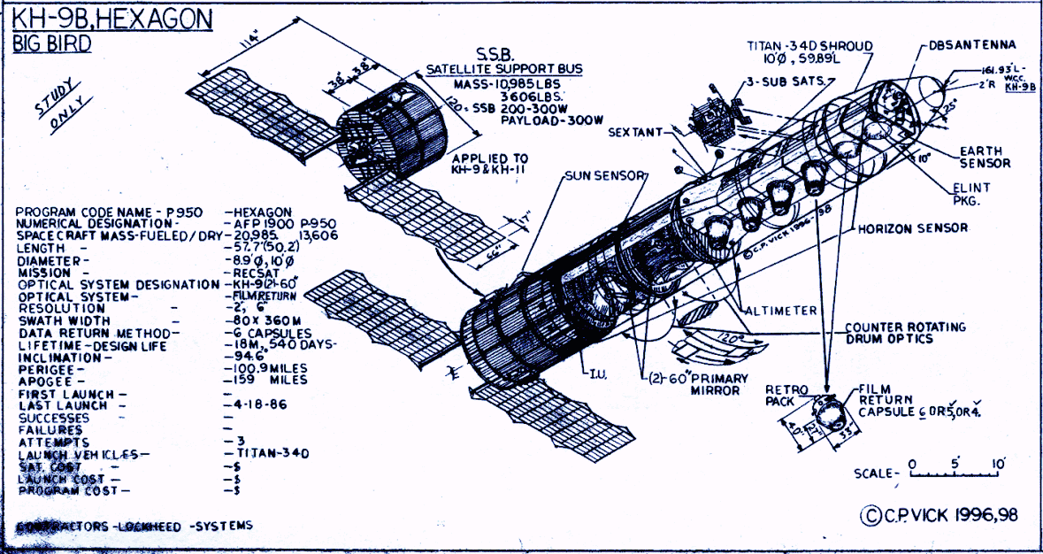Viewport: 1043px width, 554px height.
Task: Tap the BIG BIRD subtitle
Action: point(52,44)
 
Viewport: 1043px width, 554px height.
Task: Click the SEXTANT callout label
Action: point(635,132)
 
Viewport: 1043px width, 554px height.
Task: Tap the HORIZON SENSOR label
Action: point(912,228)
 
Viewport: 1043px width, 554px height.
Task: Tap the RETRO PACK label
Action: point(782,395)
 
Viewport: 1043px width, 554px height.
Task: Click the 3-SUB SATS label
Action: point(784,81)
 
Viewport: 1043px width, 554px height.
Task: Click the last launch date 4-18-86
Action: point(258,404)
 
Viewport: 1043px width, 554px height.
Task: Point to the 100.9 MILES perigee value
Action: point(269,367)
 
